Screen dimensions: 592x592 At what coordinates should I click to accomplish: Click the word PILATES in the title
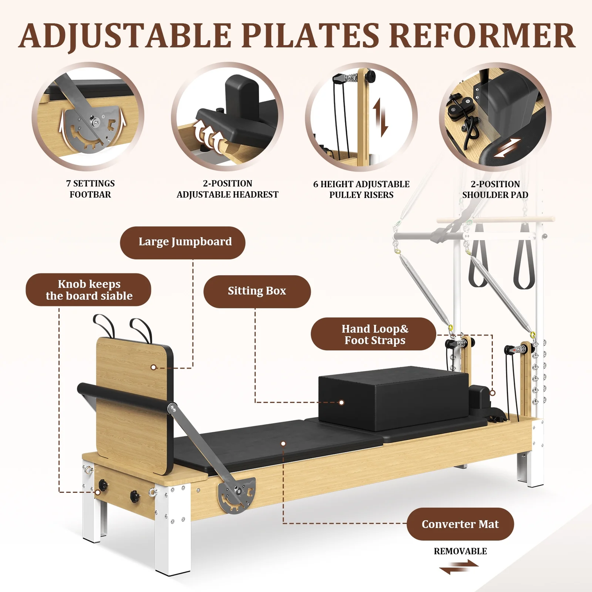(311, 36)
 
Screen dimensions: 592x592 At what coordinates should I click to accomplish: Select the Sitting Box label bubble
(257, 291)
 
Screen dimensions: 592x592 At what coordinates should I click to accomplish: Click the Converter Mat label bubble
(460, 524)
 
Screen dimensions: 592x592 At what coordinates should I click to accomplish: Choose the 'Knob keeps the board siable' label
(88, 290)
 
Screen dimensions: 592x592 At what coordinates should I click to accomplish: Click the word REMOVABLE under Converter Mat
(460, 551)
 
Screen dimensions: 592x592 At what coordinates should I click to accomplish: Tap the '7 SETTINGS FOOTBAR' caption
(90, 189)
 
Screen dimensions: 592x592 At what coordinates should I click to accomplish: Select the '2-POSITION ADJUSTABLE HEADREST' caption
(227, 189)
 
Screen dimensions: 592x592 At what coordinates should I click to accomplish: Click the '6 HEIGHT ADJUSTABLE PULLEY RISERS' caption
(361, 189)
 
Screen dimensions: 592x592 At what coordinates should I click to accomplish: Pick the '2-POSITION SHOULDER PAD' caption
(495, 189)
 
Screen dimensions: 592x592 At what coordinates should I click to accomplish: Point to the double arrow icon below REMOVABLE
(459, 567)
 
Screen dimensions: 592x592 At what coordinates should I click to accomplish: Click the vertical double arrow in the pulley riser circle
(381, 117)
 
